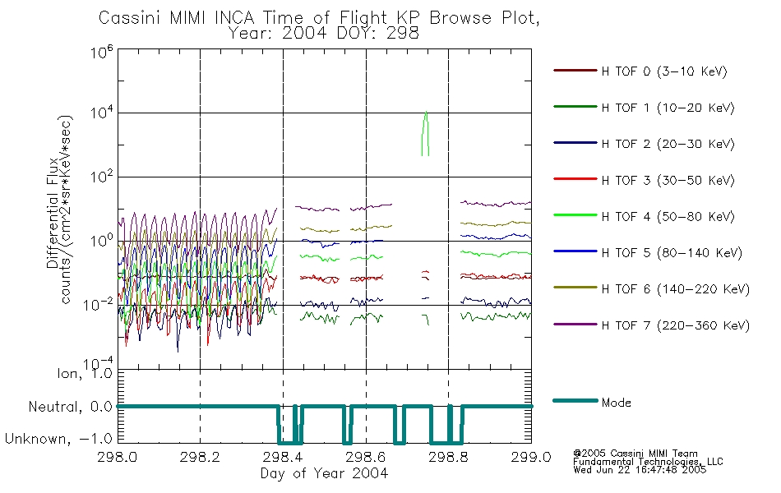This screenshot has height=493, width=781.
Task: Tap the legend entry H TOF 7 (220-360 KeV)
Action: (x=651, y=325)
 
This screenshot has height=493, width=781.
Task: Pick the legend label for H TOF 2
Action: (x=668, y=145)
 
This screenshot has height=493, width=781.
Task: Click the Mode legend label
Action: (x=616, y=403)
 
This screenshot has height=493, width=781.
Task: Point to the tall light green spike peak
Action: (x=426, y=112)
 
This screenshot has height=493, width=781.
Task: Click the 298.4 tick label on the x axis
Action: (x=283, y=457)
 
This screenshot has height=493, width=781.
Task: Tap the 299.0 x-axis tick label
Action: (x=531, y=457)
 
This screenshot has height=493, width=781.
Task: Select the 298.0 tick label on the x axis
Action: (x=118, y=457)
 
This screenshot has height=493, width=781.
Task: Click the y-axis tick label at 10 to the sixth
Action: (x=102, y=52)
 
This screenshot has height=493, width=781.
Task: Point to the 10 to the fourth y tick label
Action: (x=102, y=113)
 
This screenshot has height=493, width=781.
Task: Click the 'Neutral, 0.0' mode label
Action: (x=70, y=407)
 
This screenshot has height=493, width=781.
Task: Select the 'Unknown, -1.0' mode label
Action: (x=58, y=439)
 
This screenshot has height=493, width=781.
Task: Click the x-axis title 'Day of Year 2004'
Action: (x=324, y=473)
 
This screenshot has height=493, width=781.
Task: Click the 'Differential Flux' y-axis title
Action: (x=53, y=213)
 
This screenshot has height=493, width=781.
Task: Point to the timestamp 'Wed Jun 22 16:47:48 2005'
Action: (x=640, y=470)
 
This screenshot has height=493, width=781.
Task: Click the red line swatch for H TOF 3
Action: (x=575, y=179)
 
